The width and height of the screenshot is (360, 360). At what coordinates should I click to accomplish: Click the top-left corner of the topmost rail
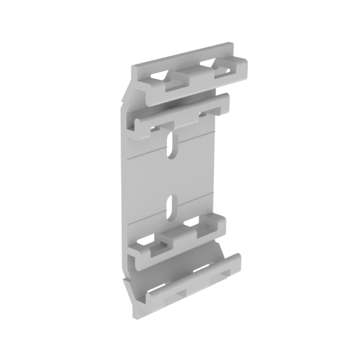click(135, 67)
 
